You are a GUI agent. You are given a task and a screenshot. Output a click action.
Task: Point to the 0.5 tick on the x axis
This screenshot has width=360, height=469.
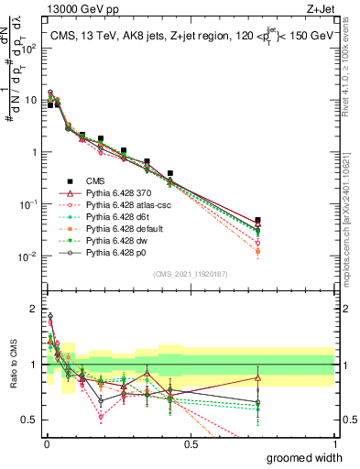click(191, 444)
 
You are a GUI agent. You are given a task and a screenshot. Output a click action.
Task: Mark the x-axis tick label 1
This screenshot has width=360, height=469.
click(334, 444)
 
